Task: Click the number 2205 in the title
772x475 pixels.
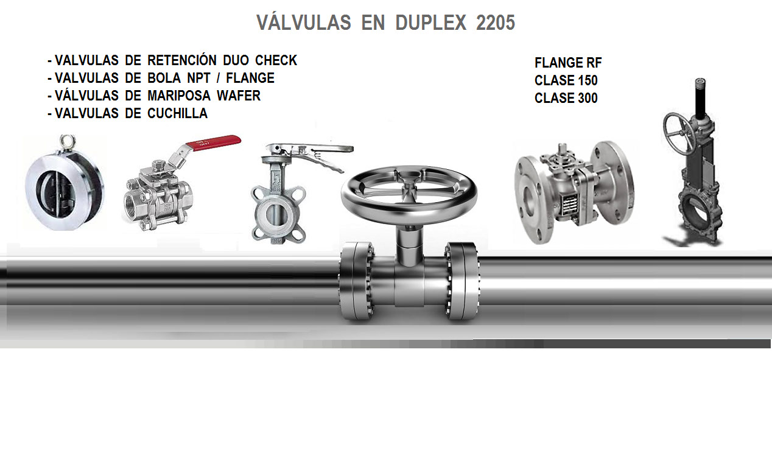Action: (495, 23)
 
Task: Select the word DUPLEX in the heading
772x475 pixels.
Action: (431, 23)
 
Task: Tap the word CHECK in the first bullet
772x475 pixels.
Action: (276, 60)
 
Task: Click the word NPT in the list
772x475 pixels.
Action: (198, 78)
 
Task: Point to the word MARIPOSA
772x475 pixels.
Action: (179, 96)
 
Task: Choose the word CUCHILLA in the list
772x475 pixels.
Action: (178, 113)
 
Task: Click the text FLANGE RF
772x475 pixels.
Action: (568, 63)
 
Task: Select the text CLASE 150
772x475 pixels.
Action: (566, 80)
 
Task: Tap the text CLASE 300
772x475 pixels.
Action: (566, 98)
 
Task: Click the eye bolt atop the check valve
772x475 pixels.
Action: (67, 142)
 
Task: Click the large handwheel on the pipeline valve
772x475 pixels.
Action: (409, 191)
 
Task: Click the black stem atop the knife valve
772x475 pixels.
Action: (700, 98)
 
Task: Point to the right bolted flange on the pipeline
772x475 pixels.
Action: (462, 281)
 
